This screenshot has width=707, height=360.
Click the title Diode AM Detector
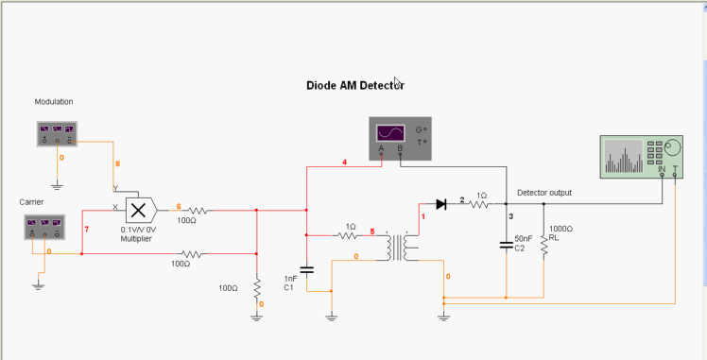click(x=354, y=85)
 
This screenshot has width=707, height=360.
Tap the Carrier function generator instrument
click(x=43, y=227)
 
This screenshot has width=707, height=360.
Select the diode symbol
click(x=440, y=203)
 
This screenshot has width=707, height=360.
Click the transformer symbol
click(x=398, y=248)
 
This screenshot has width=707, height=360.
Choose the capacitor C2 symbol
click(x=507, y=247)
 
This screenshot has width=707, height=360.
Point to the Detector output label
click(x=543, y=193)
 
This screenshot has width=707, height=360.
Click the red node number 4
click(x=344, y=163)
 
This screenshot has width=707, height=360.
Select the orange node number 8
click(x=118, y=164)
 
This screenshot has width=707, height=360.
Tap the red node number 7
click(x=87, y=230)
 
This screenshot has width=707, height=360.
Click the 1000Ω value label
click(x=560, y=229)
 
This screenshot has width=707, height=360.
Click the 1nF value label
click(x=290, y=279)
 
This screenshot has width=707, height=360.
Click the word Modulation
click(x=54, y=101)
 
